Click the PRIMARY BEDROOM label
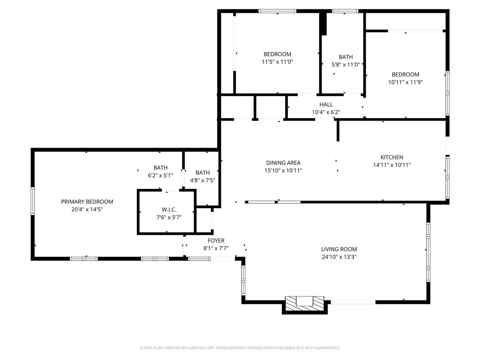tap(87, 202)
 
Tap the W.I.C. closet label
tap(169, 210)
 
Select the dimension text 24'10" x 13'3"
tap(339, 257)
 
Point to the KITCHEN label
tap(392, 157)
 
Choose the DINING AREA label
tap(283, 163)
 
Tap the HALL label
tap(326, 105)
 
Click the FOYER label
tap(216, 240)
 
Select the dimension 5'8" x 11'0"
tap(346, 65)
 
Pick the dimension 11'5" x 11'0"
tap(277, 62)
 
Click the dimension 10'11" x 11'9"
tap(405, 82)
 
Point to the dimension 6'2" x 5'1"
tap(160, 175)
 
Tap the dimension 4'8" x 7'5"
tap(202, 180)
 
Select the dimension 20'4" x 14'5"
tap(87, 210)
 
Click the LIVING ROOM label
tap(339, 249)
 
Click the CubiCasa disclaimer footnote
tap(240, 348)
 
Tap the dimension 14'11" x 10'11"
tap(392, 165)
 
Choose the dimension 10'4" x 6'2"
tap(326, 112)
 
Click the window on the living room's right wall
tap(428, 252)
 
